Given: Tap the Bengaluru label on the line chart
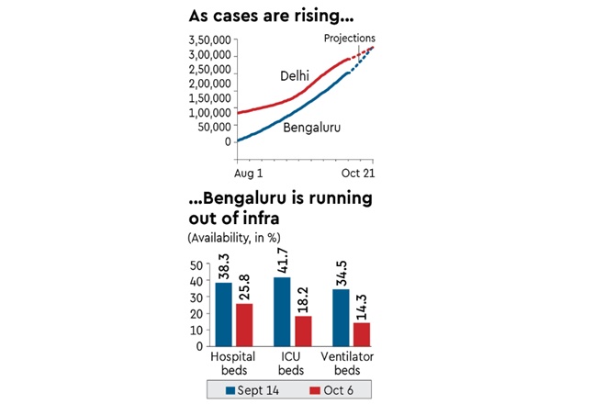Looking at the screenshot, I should (312, 128).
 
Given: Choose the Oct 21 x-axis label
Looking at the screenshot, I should (358, 173).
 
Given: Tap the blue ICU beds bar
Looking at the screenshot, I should (282, 311).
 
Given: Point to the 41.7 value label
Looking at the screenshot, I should (282, 260).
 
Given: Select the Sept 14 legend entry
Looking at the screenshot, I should (253, 390).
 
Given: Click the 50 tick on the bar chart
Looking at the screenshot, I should (197, 265).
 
